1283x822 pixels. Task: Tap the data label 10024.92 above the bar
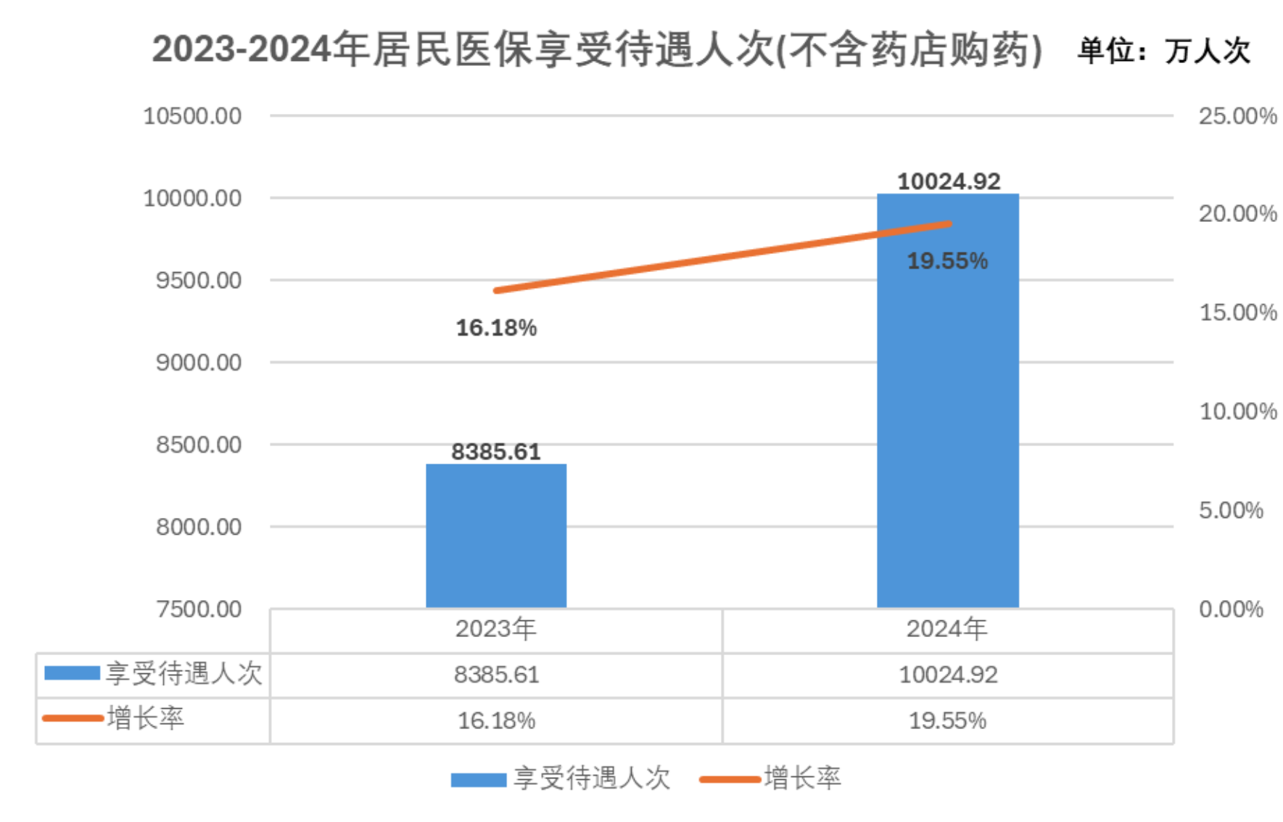pos(949,181)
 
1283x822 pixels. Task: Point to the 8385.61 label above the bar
pos(496,451)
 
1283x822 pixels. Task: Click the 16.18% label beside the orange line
pos(496,328)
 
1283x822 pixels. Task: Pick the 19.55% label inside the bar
pos(947,260)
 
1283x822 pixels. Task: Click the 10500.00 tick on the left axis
pos(192,116)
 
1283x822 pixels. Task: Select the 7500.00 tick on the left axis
pos(199,609)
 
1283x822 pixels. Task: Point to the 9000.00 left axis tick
pos(199,362)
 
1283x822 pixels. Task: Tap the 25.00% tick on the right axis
pos(1237,116)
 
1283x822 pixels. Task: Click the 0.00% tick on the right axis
pos(1231,609)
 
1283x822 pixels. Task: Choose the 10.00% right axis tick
pos(1237,411)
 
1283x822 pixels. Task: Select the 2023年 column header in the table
pos(496,628)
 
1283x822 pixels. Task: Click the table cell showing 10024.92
pos(948,675)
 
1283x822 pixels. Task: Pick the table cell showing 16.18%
pos(496,720)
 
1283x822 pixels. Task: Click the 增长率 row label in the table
pos(145,718)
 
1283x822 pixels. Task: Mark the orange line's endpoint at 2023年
pos(496,290)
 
